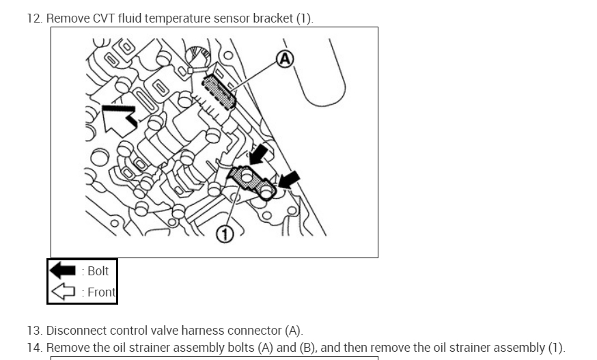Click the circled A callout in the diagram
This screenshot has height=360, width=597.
click(x=285, y=59)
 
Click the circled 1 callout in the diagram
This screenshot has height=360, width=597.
click(x=225, y=235)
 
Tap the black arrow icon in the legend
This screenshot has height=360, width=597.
click(x=64, y=271)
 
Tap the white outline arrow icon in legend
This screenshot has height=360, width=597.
click(x=64, y=293)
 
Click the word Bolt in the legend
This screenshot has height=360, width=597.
click(x=98, y=271)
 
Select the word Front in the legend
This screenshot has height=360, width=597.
click(x=102, y=293)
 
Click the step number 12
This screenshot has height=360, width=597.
click(x=34, y=18)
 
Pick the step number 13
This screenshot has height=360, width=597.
click(x=34, y=331)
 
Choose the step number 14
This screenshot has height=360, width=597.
click(x=34, y=348)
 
